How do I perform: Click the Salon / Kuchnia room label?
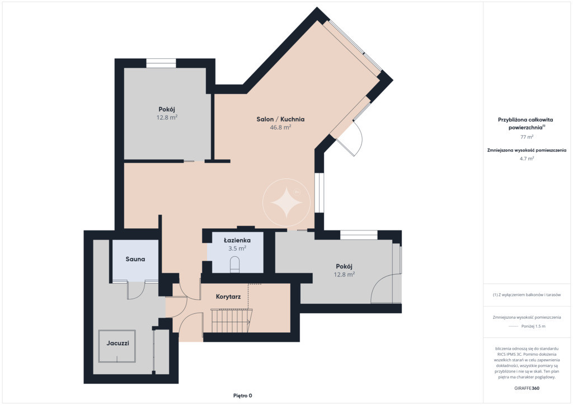click(x=280, y=119)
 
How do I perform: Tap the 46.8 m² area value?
click(x=280, y=128)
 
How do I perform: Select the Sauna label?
click(x=135, y=259)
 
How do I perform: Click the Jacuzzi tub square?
click(x=118, y=346)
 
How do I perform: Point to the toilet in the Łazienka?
click(x=234, y=265)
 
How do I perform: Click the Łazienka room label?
click(x=237, y=240)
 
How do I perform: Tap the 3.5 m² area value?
click(x=237, y=248)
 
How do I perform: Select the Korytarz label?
click(x=228, y=296)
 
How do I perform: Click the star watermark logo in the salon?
click(x=286, y=202)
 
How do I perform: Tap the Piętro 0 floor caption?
click(x=243, y=395)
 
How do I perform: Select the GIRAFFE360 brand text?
click(x=527, y=388)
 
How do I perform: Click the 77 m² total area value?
click(x=527, y=137)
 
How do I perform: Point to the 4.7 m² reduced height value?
click(x=527, y=158)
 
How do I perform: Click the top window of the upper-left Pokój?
click(x=161, y=63)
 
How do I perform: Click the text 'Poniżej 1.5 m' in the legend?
click(x=533, y=326)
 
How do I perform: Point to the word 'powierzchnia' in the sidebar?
click(x=525, y=128)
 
